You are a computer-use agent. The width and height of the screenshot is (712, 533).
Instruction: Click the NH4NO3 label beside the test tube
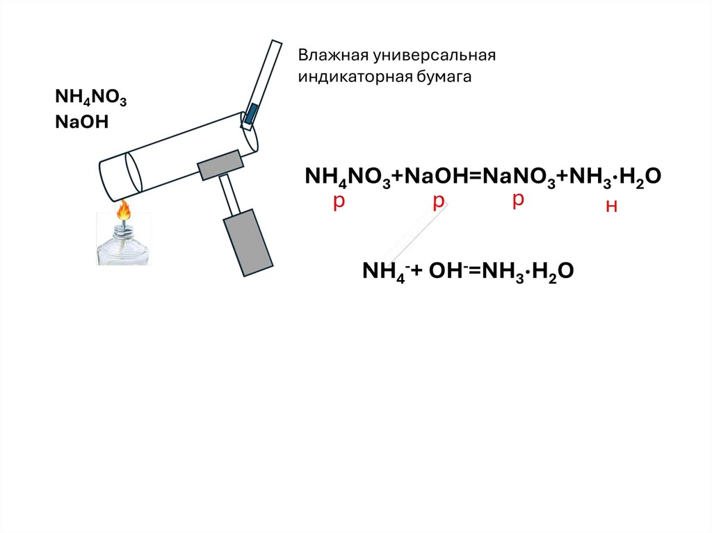pos(90,99)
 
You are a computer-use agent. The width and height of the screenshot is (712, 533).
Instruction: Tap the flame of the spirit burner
pos(124,211)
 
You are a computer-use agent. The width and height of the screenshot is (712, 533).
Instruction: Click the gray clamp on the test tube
pos(221,165)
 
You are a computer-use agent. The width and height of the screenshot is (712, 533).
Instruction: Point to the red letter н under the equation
pos(612,206)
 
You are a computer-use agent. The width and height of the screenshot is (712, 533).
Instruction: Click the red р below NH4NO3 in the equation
pos(339,202)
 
